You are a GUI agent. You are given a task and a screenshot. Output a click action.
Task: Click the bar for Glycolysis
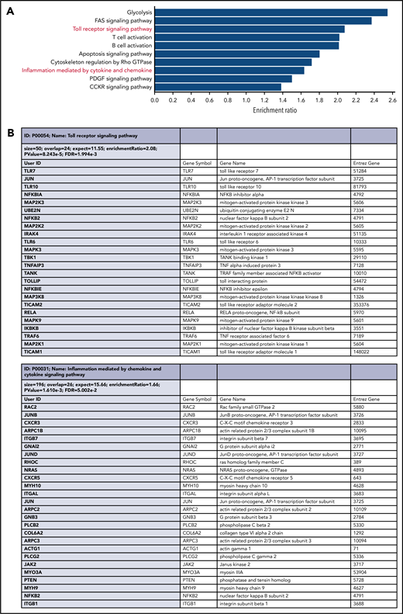[271, 12]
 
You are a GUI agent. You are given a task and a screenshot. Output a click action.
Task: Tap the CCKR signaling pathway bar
[218, 87]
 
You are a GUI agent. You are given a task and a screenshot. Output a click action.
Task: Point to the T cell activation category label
[129, 37]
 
